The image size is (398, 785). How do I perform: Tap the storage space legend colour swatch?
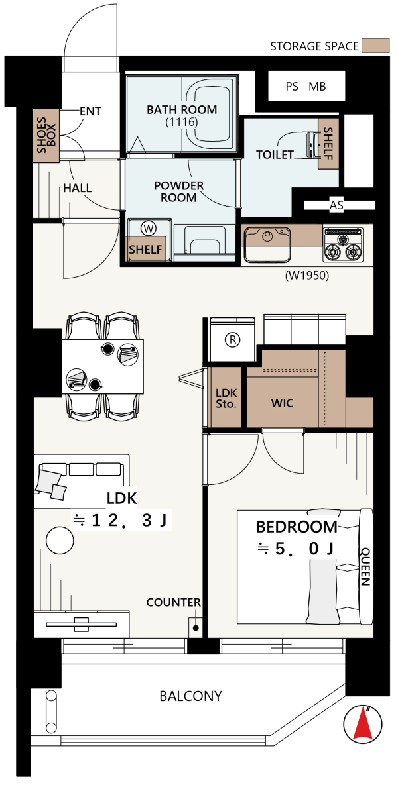(x=376, y=46)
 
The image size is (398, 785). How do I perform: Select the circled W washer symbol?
(x=149, y=229)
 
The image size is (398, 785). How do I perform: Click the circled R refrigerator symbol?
(x=233, y=340)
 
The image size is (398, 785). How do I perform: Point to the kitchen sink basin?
(x=267, y=244)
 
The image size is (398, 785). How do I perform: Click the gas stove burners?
(x=344, y=245)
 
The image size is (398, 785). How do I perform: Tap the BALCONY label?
(x=190, y=696)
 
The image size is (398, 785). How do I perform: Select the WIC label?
(x=282, y=403)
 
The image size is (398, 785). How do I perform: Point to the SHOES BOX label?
(x=46, y=134)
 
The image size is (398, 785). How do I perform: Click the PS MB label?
(x=306, y=87)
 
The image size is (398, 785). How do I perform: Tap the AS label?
(x=336, y=205)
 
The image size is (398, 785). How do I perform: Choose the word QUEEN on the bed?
(x=365, y=566)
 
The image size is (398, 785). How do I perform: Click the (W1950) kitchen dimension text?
(x=306, y=275)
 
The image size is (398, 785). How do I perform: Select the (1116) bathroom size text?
(x=182, y=121)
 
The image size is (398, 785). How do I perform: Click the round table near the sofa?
(x=60, y=541)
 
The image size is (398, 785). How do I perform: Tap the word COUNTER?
(x=173, y=603)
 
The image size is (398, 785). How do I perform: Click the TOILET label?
(x=274, y=155)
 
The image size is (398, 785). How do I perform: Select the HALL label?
(x=77, y=188)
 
